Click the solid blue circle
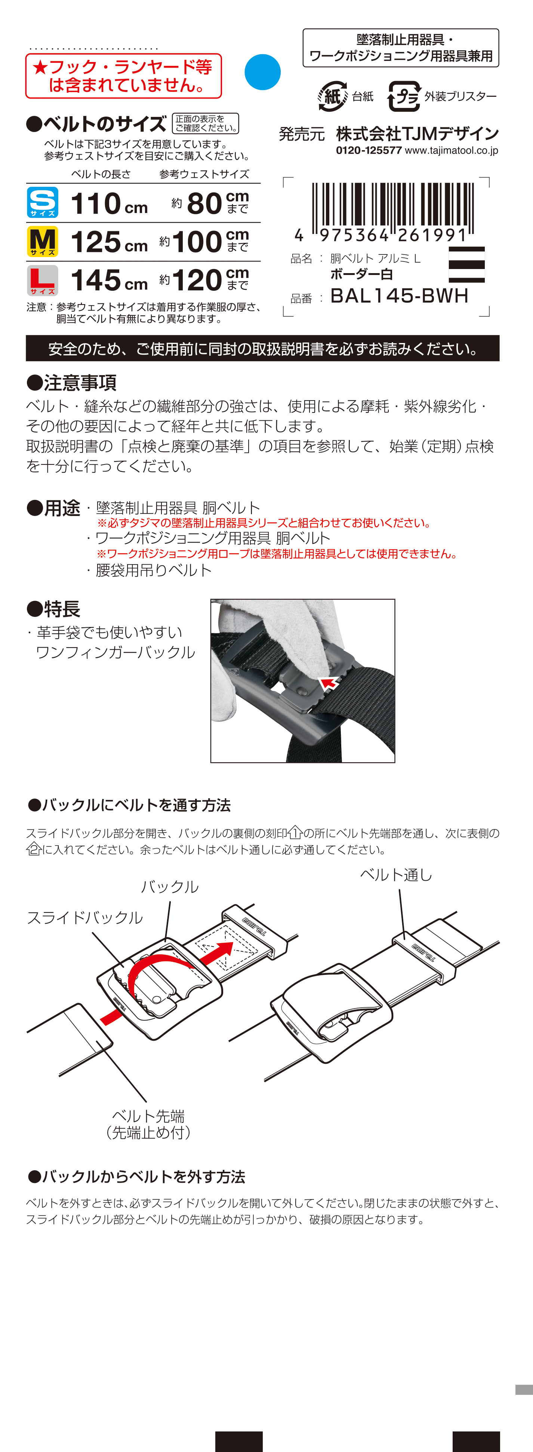click(262, 72)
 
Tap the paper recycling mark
click(332, 96)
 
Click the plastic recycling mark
click(404, 96)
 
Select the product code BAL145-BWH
click(399, 295)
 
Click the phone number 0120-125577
click(369, 151)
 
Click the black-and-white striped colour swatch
click(466, 265)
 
